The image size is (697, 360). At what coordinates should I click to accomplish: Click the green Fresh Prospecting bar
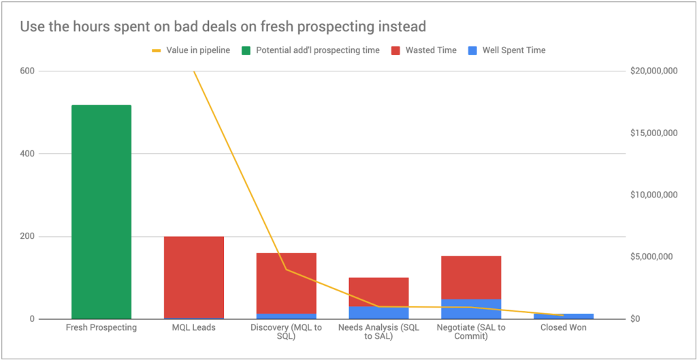click(101, 212)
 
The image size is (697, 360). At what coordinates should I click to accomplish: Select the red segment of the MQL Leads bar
click(194, 277)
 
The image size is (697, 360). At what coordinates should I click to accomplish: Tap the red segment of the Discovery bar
click(286, 283)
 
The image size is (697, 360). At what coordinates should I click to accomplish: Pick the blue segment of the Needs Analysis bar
click(378, 312)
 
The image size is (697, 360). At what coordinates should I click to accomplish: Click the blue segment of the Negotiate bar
click(471, 309)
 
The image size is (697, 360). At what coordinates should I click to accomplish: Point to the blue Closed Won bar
click(564, 316)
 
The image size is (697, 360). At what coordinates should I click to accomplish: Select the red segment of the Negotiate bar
click(471, 277)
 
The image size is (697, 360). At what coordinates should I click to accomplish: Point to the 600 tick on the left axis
click(27, 71)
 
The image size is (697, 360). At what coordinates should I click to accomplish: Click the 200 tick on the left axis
click(27, 236)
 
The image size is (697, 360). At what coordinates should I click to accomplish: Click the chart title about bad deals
click(223, 27)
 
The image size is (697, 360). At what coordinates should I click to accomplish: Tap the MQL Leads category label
click(194, 327)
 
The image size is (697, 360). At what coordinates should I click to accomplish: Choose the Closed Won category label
click(564, 327)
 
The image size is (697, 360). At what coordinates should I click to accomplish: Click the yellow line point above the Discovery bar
click(286, 269)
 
